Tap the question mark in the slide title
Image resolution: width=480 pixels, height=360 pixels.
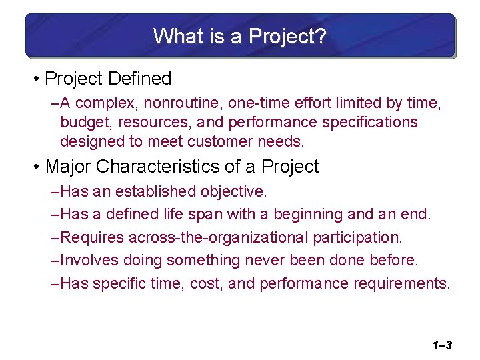(x=321, y=36)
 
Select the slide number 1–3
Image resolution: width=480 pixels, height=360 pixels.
(x=442, y=345)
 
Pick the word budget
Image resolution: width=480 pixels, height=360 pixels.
(x=82, y=123)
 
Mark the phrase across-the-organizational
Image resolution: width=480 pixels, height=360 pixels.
(x=215, y=238)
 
